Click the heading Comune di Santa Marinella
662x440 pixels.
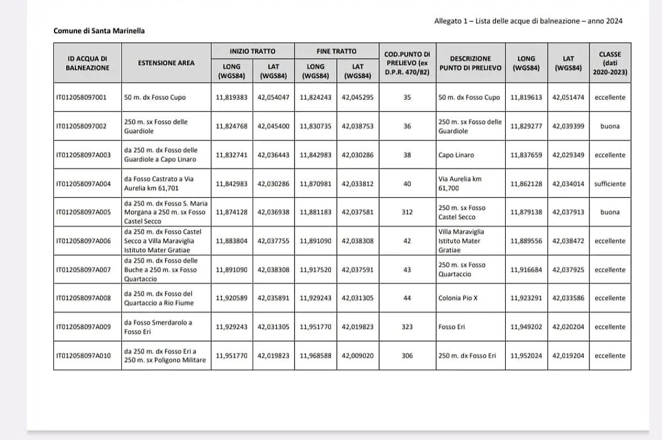pyautogui.click(x=99, y=31)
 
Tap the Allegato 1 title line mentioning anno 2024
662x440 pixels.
pyautogui.click(x=528, y=21)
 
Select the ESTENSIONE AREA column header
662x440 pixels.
pyautogui.click(x=166, y=63)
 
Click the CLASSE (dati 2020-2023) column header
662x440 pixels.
pyautogui.click(x=609, y=63)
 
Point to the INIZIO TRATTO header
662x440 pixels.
pyautogui.click(x=252, y=51)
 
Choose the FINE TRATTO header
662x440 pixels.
pyautogui.click(x=336, y=51)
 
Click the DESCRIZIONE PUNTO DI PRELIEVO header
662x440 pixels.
pyautogui.click(x=470, y=63)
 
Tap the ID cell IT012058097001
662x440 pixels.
pyautogui.click(x=81, y=98)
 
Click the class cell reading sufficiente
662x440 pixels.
pyautogui.click(x=610, y=184)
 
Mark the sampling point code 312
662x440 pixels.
pyautogui.click(x=407, y=212)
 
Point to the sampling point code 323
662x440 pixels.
pyautogui.click(x=407, y=327)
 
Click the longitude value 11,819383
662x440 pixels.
pyautogui.click(x=232, y=98)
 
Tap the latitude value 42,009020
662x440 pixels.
pyautogui.click(x=358, y=356)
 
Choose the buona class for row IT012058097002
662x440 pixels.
pyautogui.click(x=610, y=126)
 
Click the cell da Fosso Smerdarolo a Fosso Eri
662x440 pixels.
pyautogui.click(x=157, y=327)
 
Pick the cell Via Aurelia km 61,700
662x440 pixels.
pyautogui.click(x=460, y=184)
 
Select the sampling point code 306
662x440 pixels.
pyautogui.click(x=407, y=356)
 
